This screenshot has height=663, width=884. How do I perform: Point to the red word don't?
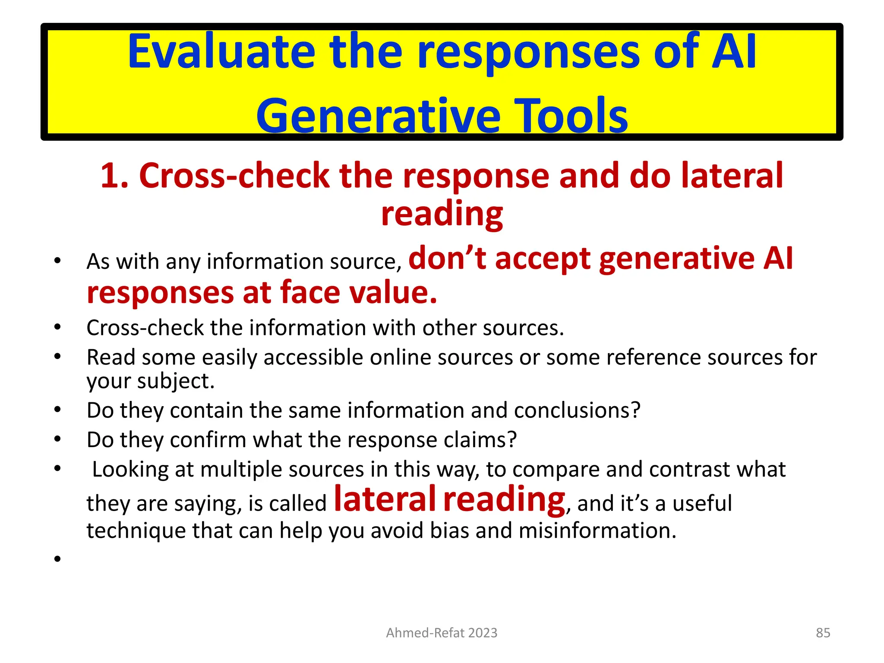click(x=447, y=258)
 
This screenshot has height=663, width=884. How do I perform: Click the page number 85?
click(x=823, y=633)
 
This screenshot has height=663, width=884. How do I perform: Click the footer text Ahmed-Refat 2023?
click(x=442, y=633)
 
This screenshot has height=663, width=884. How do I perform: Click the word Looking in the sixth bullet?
click(x=131, y=470)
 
